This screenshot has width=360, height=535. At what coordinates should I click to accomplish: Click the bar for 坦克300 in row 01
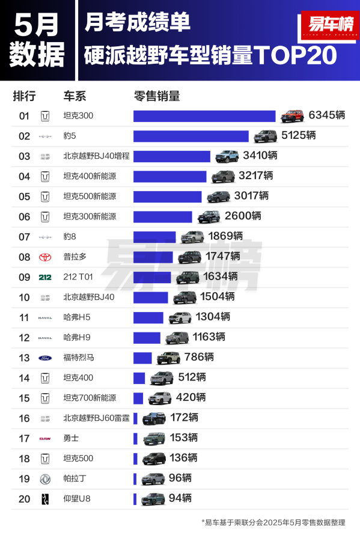pos(204,116)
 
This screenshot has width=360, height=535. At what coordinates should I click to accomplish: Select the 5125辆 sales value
pos(299,135)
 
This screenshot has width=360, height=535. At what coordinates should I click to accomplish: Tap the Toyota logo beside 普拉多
pos(45,257)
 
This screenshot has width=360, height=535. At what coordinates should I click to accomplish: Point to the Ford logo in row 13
pos(45,358)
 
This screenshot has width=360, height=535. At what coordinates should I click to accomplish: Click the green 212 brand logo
pos(45,277)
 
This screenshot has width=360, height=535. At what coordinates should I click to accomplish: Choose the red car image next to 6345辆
pos(293,116)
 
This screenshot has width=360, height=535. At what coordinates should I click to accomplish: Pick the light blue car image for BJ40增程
pos(227,156)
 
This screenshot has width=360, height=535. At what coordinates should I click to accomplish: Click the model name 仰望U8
pos(77,499)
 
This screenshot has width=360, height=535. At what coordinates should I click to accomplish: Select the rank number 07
pos(24,237)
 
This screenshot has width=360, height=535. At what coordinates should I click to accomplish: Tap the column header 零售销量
pos(157,96)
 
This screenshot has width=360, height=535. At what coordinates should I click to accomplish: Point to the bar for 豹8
pos(154,237)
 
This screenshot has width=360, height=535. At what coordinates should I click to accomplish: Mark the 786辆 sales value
pos(200,357)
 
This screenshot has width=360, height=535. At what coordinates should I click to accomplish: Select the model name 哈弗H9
pos(77,337)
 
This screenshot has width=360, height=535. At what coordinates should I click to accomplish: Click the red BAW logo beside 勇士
pos(45,438)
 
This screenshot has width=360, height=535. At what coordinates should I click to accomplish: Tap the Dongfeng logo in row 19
pos(45,479)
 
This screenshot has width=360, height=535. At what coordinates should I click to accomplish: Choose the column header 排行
pos(24,96)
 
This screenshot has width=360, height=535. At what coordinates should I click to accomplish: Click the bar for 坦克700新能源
pos(138,398)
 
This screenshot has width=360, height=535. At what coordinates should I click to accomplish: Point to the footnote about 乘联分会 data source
pos(273,522)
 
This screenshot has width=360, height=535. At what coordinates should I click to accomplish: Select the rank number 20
pos(24,499)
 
